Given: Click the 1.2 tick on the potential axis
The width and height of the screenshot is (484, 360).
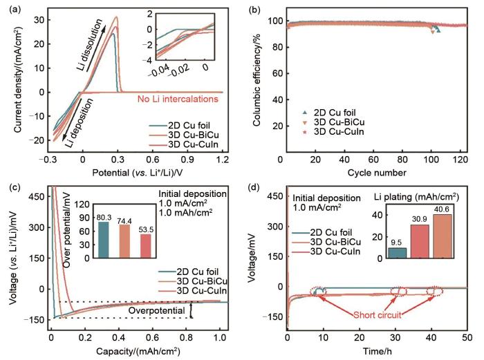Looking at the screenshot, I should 222,160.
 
